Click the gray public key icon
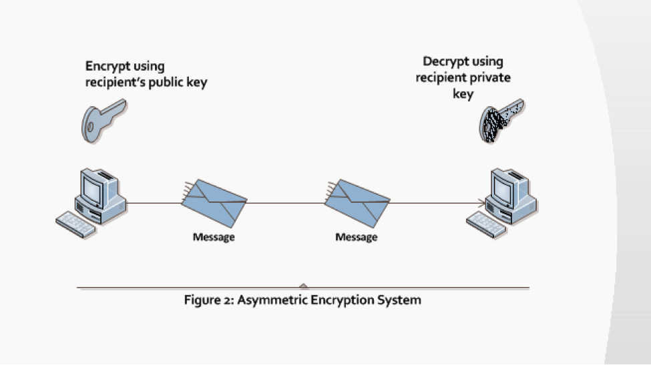tap(101, 120)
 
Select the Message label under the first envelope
tap(214, 237)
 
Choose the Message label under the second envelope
tap(356, 237)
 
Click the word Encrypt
tap(105, 66)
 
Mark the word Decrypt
tap(444, 62)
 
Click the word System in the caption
tap(399, 300)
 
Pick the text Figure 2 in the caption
tap(208, 300)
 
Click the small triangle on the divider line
tap(304, 286)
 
